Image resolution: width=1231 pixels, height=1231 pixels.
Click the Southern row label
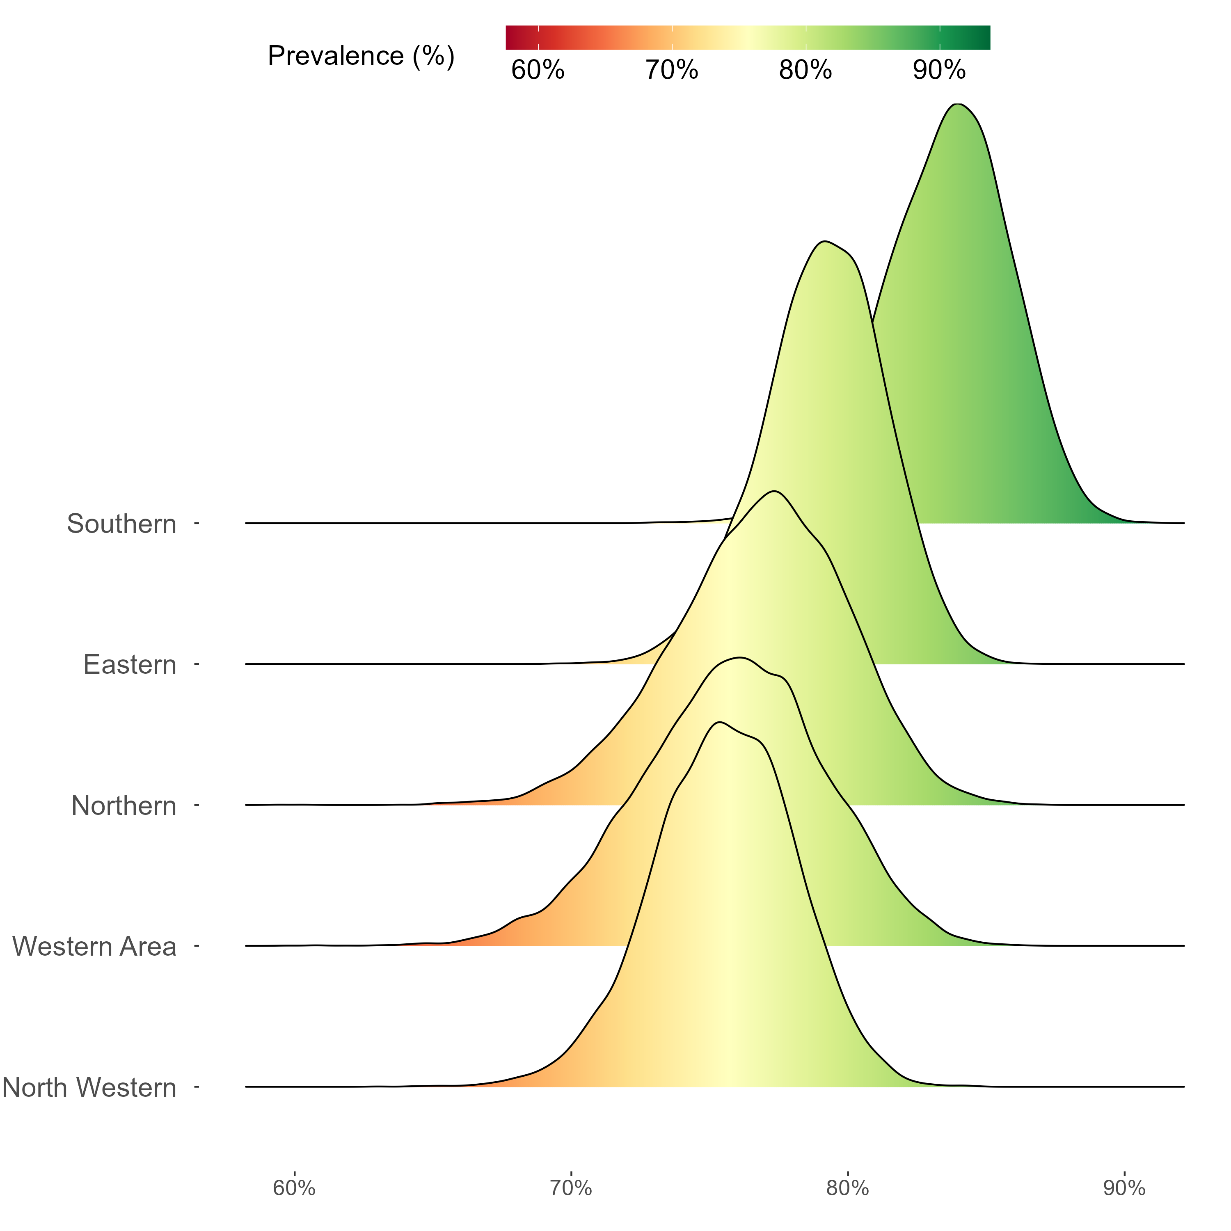point(121,524)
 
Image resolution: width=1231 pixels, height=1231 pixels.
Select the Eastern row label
point(129,665)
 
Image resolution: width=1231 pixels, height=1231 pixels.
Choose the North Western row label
point(89,1088)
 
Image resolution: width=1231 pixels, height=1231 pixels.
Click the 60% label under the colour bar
point(538,70)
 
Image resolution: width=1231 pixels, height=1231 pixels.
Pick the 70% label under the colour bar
point(672,70)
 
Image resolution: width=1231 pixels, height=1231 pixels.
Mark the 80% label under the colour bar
point(805,70)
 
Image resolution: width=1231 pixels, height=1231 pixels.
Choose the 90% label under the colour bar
point(939,70)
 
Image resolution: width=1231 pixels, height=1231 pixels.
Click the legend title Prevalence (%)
point(361,56)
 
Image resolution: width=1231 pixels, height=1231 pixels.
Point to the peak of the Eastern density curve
point(824,242)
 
